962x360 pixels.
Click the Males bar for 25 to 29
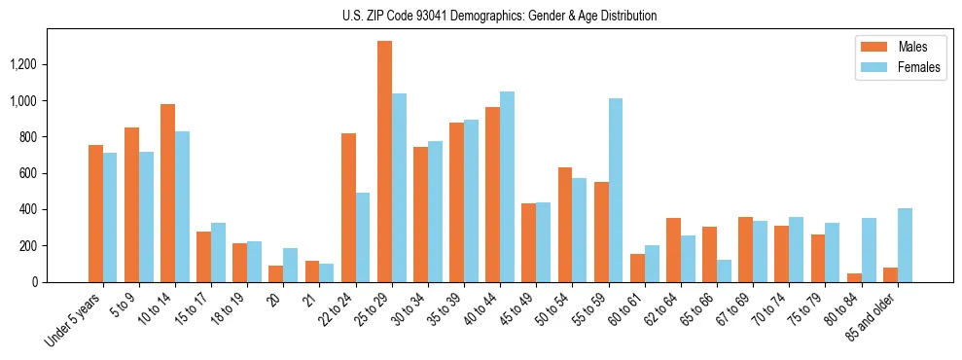click(x=384, y=162)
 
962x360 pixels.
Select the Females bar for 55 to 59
click(x=615, y=190)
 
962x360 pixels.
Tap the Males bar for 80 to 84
click(x=854, y=277)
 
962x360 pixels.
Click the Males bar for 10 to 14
click(x=167, y=193)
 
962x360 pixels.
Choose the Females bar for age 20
click(x=290, y=265)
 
